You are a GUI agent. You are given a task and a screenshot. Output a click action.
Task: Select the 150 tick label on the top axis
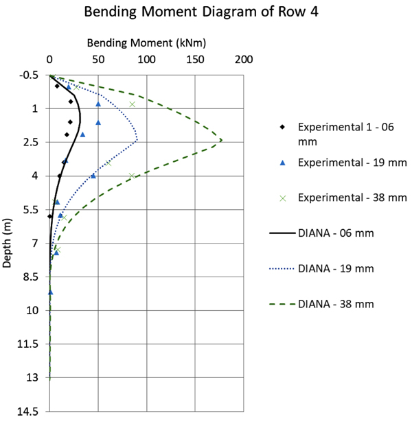coord(194,60)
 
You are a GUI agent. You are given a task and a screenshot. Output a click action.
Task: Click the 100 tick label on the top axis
coord(146,60)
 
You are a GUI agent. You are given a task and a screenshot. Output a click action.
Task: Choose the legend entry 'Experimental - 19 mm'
coord(352,163)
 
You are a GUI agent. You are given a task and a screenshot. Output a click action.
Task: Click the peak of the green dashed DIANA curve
coord(221,140)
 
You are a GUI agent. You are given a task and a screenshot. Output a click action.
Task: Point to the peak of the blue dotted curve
coord(137,140)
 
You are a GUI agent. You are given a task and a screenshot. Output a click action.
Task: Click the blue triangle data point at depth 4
coord(93,176)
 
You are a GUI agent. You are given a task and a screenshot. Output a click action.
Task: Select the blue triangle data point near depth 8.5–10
coord(50,292)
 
